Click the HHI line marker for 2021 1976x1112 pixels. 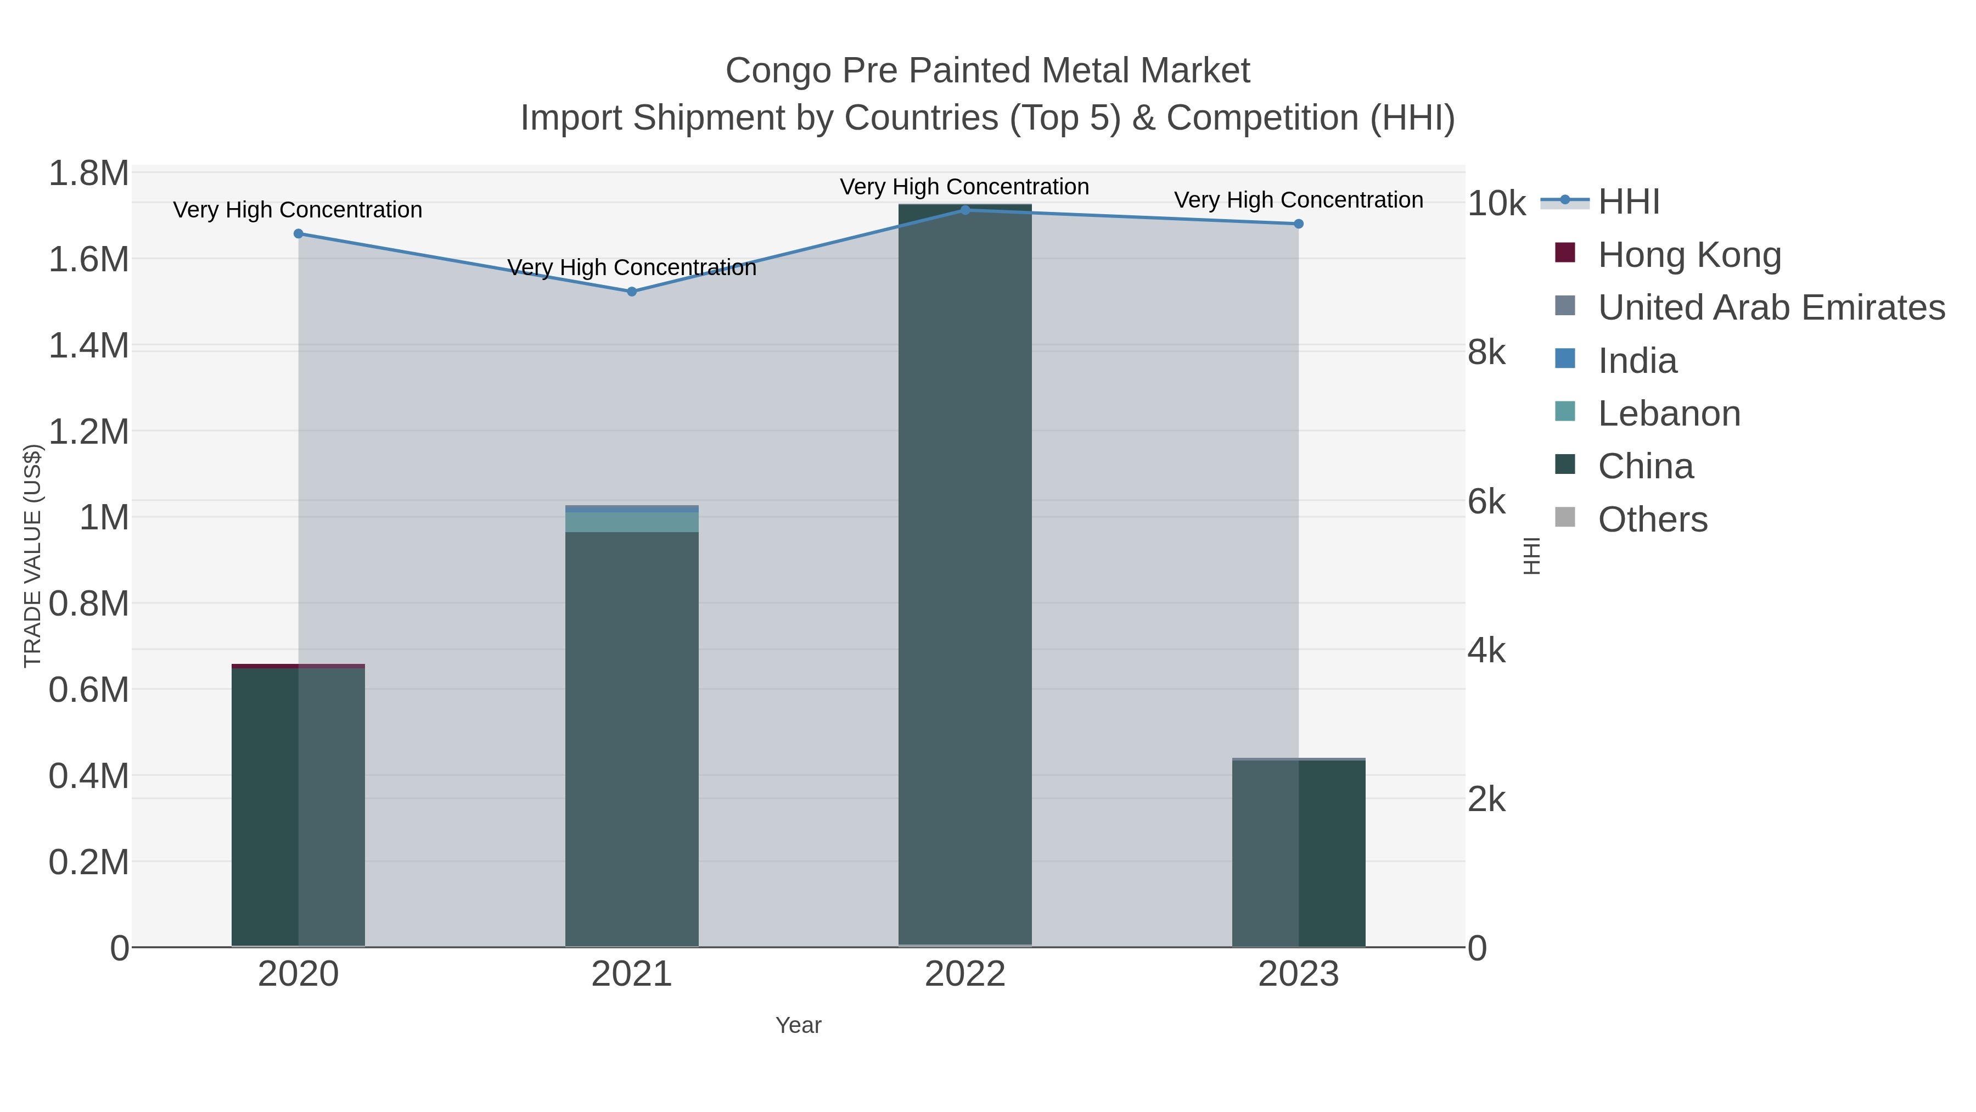pyautogui.click(x=631, y=292)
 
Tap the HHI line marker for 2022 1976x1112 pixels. pyautogui.click(x=965, y=210)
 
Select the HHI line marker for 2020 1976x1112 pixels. pyautogui.click(x=299, y=233)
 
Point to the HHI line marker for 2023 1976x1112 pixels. pyautogui.click(x=1299, y=224)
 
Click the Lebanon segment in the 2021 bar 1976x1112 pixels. pyautogui.click(x=631, y=522)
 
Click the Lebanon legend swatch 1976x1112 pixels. pyautogui.click(x=1565, y=411)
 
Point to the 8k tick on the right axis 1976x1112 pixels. pyautogui.click(x=1486, y=353)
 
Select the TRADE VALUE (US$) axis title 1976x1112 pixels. pyautogui.click(x=32, y=556)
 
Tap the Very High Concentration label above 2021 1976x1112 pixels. pyautogui.click(x=631, y=268)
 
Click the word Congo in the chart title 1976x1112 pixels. pyautogui.click(x=778, y=71)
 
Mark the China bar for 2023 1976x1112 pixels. pyautogui.click(x=1299, y=852)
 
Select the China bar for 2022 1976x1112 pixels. pyautogui.click(x=965, y=575)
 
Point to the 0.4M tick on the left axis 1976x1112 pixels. pyautogui.click(x=88, y=776)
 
